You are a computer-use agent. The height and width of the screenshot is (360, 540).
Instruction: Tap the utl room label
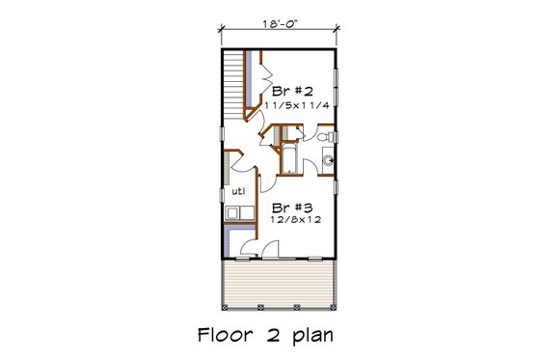pyautogui.click(x=235, y=191)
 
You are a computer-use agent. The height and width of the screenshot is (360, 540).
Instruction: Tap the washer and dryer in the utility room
pyautogui.click(x=237, y=214)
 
